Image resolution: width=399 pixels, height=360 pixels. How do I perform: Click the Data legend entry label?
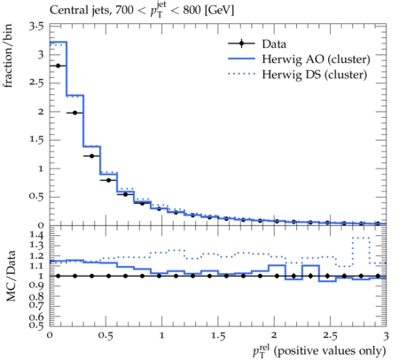(x=274, y=43)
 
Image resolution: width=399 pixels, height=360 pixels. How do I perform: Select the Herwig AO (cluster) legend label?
(x=316, y=59)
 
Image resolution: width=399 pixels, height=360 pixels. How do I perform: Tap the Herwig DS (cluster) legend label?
(x=315, y=74)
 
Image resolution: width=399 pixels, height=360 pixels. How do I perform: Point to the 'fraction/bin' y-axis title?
(x=7, y=56)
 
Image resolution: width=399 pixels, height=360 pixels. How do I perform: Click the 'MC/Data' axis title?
(x=11, y=276)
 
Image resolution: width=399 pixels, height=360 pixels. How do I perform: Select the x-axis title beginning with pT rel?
(x=319, y=351)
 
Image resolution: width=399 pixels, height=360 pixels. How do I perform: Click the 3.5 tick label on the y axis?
(x=36, y=27)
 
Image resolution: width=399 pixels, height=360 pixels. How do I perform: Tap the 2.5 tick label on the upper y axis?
(x=36, y=82)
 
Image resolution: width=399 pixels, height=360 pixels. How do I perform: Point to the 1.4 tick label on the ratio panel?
(x=36, y=236)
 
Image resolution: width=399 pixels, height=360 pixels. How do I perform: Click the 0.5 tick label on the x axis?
(x=106, y=336)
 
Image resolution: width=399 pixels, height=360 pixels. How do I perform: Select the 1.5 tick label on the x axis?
(x=218, y=336)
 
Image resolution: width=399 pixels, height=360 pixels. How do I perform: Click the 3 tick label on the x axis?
(x=386, y=336)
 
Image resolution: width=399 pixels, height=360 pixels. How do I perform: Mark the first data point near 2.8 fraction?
(x=58, y=66)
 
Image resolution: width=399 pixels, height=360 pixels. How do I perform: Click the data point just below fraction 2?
(x=74, y=113)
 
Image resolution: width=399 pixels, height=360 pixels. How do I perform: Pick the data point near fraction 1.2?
(x=91, y=156)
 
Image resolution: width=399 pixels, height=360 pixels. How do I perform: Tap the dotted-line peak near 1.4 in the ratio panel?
(x=361, y=238)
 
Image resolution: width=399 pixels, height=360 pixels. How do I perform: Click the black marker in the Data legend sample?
(x=241, y=43)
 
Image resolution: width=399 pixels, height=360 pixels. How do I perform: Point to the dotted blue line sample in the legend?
(x=241, y=74)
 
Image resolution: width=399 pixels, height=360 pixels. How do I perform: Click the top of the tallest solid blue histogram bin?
(x=59, y=42)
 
